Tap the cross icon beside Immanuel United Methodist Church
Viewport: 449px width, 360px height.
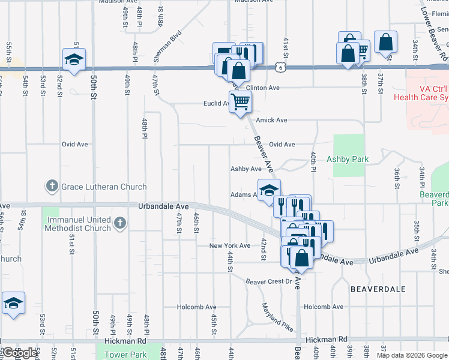120,223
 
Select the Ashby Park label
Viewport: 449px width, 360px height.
347,160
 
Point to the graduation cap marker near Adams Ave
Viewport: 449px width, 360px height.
269,190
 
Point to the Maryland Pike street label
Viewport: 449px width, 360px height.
277,318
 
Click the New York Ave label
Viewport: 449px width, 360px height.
229,246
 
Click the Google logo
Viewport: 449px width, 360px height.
20,353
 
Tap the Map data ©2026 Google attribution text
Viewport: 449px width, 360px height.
411,355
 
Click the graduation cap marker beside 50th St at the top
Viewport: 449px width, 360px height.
74,59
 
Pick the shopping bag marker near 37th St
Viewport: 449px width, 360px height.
386,42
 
